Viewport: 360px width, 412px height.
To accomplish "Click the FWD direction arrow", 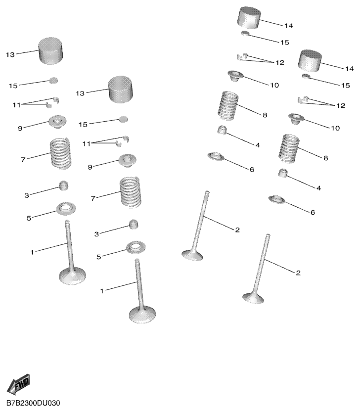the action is click(18, 384).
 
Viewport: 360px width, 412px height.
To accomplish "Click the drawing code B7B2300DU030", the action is click(33, 403).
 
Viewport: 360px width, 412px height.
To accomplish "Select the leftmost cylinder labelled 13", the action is click(51, 51).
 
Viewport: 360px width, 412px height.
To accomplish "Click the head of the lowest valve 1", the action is click(142, 314).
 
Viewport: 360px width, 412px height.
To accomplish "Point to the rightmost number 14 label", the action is click(349, 69).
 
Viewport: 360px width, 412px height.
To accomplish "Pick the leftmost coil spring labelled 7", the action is click(61, 153).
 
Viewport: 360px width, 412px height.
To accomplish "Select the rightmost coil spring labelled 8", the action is click(289, 148).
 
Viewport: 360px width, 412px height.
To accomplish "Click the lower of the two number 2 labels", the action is click(298, 273).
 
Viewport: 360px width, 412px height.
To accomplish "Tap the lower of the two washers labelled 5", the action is click(136, 247).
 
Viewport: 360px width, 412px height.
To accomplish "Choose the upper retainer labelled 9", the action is click(57, 122).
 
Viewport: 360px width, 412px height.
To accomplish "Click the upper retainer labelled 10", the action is click(236, 75).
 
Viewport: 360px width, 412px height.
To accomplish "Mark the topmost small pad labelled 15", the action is click(245, 33).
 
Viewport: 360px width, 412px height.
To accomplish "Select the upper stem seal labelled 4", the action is click(222, 130).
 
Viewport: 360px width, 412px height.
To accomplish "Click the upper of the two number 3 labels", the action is click(27, 195).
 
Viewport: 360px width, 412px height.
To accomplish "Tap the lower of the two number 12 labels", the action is click(341, 106).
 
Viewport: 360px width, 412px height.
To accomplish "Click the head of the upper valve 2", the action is click(192, 255).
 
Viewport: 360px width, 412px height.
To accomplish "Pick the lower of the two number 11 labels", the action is click(87, 144).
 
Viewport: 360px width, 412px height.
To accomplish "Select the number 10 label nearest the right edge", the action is click(335, 128).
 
